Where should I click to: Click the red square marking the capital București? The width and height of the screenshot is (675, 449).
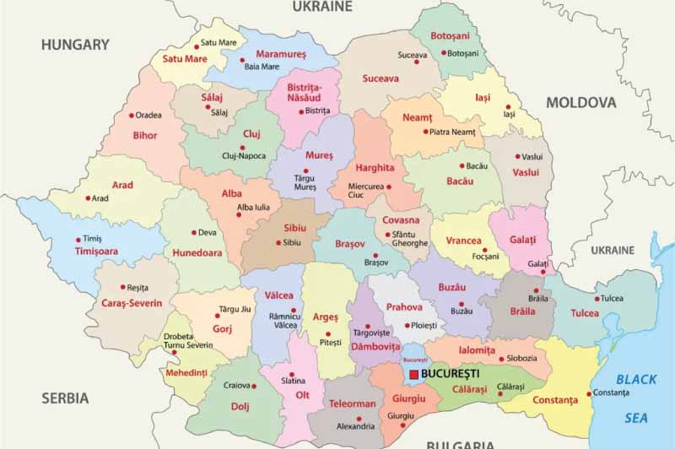(x=413, y=374)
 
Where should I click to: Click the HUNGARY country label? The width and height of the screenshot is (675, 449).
(x=76, y=45)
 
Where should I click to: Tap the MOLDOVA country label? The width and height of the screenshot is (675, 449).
(x=581, y=102)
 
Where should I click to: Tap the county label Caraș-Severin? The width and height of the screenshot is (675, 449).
(x=132, y=303)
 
